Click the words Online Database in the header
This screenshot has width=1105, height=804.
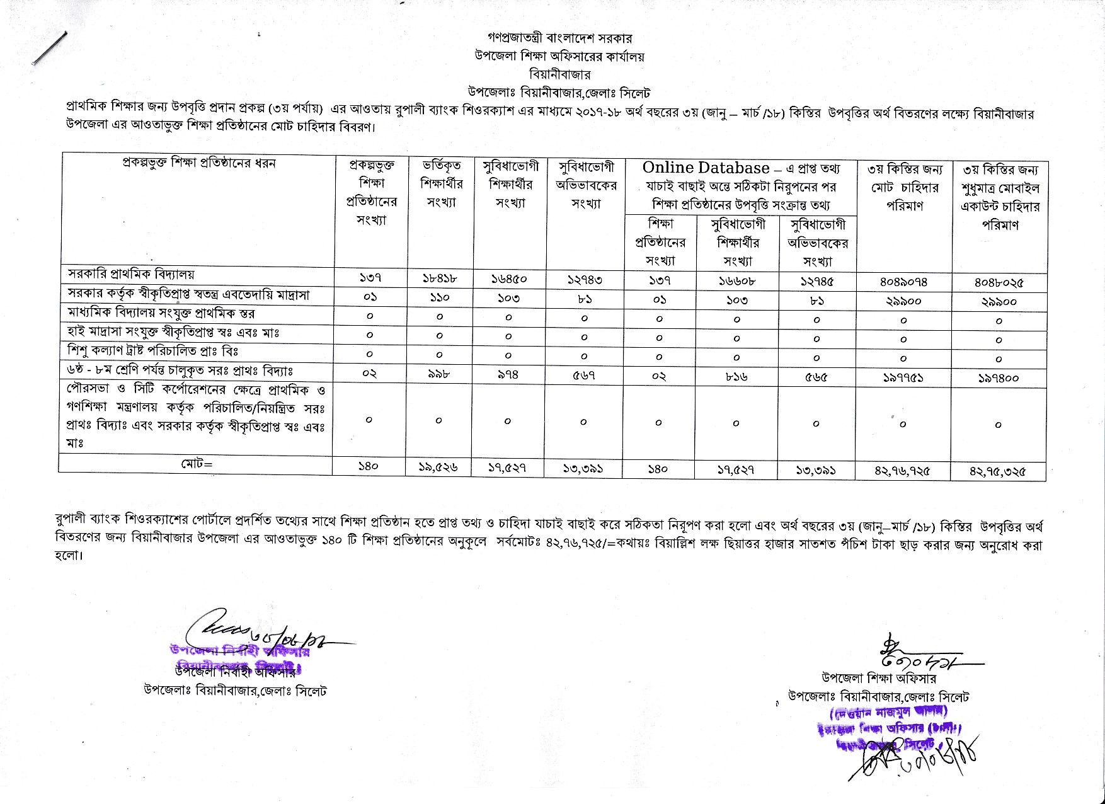pyautogui.click(x=706, y=168)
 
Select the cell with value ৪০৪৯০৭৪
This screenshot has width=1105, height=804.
pyautogui.click(x=903, y=282)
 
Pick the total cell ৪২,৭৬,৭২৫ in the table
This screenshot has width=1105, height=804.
pyautogui.click(x=903, y=470)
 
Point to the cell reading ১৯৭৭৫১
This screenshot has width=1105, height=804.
pyautogui.click(x=903, y=377)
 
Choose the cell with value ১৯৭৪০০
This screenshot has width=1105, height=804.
pyautogui.click(x=999, y=377)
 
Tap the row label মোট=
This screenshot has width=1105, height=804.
pyautogui.click(x=197, y=464)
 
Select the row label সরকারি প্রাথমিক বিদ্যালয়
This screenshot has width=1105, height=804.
pyautogui.click(x=131, y=275)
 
